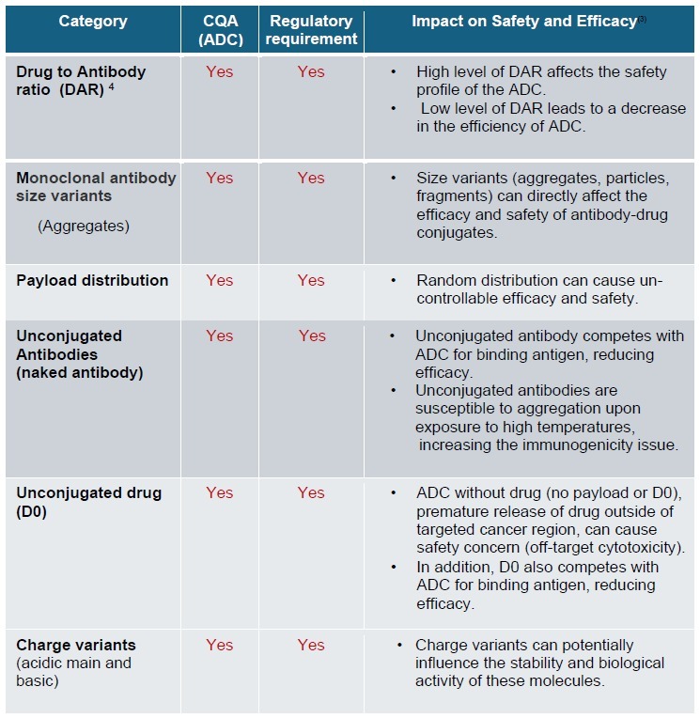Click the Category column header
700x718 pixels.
[x=92, y=22]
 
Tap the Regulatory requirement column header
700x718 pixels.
[x=311, y=30]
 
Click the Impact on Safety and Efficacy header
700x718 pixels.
[x=524, y=22]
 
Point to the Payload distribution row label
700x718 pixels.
[x=92, y=280]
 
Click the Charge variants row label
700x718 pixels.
[x=76, y=645]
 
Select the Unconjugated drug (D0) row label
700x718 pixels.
[x=89, y=501]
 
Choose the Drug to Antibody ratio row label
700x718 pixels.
[x=81, y=80]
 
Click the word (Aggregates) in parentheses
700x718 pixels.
[x=84, y=226]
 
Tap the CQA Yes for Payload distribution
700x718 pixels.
[x=219, y=280]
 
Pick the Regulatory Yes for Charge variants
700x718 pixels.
[x=311, y=645]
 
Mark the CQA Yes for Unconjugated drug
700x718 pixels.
[x=219, y=492]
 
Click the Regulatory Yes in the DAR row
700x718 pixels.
[x=311, y=71]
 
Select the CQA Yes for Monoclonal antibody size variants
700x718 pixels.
[x=219, y=178]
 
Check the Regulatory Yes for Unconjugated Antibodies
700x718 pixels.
[x=312, y=336]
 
